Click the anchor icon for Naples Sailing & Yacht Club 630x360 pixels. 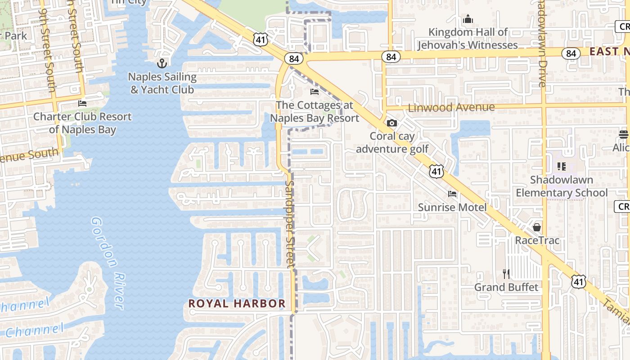pos(162,63)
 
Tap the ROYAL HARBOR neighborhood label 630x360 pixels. pos(237,303)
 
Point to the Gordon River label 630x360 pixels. pos(107,263)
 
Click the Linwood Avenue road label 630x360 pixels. pos(451,108)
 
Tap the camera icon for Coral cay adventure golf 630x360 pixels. pos(392,123)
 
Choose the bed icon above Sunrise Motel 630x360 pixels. pos(452,194)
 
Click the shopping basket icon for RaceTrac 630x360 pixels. pos(537,227)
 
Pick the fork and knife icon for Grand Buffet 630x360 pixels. pos(506,274)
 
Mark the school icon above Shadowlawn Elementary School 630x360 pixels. pos(561,166)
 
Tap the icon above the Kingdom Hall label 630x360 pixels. pos(468,19)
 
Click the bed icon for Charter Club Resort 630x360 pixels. pos(82,103)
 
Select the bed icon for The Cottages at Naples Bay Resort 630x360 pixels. pos(315,92)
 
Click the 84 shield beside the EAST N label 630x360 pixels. pos(571,53)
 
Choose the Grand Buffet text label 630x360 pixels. pos(506,287)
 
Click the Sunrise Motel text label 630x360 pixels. pos(452,207)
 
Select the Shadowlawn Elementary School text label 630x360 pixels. pos(561,186)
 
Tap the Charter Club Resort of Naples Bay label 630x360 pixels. pos(82,123)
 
